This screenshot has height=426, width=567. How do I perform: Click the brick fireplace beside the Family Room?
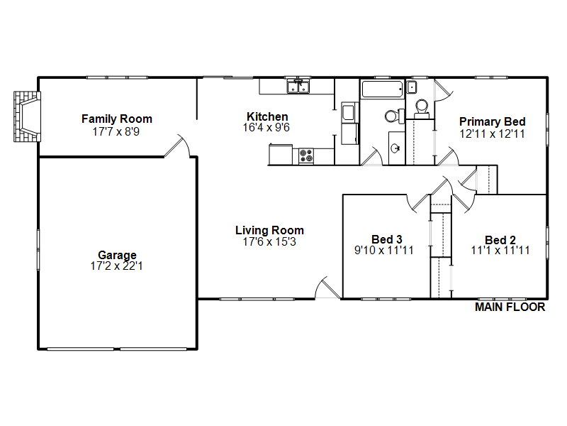(x=27, y=116)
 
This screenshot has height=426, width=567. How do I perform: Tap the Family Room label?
(x=117, y=119)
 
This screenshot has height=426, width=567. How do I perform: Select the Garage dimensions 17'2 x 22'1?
(x=116, y=266)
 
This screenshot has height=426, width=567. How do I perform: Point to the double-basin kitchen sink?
(x=298, y=87)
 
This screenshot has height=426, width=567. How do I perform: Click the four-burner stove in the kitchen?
(x=306, y=155)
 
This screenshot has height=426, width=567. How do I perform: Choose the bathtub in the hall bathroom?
(x=383, y=89)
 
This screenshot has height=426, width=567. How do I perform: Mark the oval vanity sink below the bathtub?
(x=396, y=148)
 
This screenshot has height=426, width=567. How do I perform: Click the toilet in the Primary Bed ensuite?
(x=422, y=109)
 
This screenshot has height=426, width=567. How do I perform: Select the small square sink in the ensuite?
(x=412, y=87)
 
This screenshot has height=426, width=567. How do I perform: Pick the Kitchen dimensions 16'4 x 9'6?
(x=266, y=128)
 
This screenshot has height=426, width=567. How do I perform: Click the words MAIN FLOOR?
(x=510, y=307)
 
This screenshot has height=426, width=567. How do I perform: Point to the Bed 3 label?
(x=386, y=239)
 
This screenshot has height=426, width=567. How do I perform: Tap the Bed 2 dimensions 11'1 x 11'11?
(x=500, y=251)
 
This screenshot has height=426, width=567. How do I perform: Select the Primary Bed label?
(x=492, y=121)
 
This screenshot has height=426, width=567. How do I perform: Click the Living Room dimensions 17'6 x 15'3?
(x=269, y=241)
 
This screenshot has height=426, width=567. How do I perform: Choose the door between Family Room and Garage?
(x=177, y=146)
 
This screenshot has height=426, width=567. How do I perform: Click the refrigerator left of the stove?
(x=281, y=155)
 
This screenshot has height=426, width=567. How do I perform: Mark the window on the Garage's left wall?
(x=38, y=250)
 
